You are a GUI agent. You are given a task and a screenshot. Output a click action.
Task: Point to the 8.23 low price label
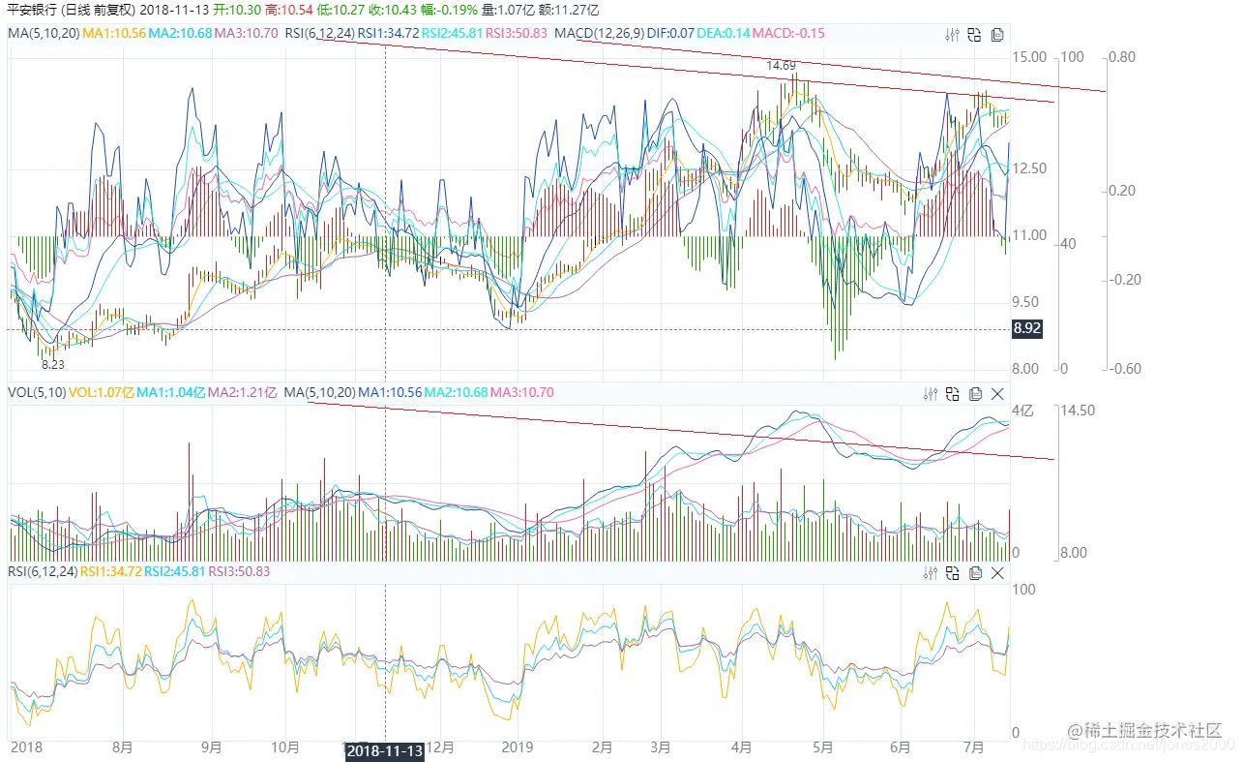pos(53,364)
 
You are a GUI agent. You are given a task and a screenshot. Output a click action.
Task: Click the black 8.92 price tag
pos(1026,329)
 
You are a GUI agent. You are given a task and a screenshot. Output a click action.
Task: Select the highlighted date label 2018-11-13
pos(385,751)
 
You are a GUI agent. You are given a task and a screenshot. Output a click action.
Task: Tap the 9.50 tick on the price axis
pos(1028,302)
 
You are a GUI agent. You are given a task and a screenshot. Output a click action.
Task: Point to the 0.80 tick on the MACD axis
pos(1122,57)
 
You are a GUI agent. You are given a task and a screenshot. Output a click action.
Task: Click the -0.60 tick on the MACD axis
pos(1122,368)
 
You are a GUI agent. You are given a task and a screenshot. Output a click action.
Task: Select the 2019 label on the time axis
pos(518,747)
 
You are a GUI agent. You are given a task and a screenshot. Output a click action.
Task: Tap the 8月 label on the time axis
pos(123,747)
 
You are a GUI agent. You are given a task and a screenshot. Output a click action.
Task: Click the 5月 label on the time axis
pos(823,747)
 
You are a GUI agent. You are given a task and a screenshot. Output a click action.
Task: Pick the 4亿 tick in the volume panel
pos(1022,411)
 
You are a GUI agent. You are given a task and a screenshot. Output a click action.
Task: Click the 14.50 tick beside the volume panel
pos(1077,411)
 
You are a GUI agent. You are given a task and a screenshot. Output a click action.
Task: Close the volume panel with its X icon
pos(998,393)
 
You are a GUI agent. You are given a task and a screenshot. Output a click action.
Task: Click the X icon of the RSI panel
pos(998,573)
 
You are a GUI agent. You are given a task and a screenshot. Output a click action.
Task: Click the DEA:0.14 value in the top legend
pos(725,33)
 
